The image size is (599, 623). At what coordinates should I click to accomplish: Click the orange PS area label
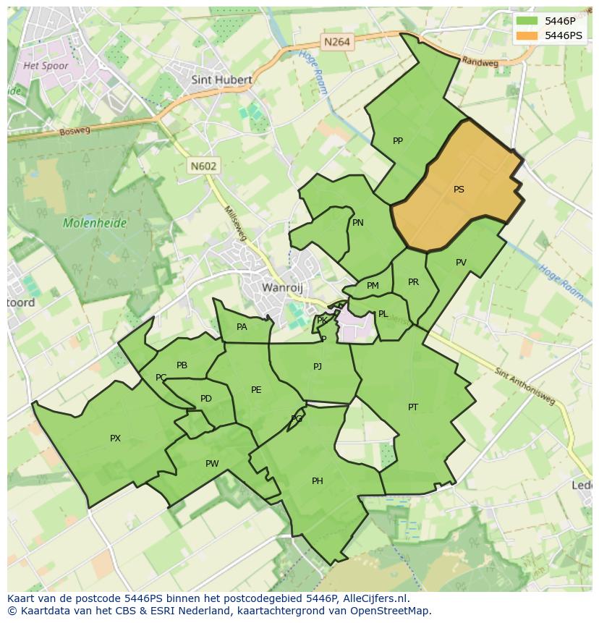point(459,190)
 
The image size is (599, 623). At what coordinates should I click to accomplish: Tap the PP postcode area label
point(397,141)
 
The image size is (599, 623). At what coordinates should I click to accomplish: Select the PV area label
point(461,263)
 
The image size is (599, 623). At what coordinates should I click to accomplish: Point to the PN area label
point(358,223)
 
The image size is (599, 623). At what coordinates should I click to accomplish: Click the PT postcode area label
point(412,407)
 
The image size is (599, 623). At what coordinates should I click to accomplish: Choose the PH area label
point(317,481)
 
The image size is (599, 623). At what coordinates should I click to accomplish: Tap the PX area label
point(115,438)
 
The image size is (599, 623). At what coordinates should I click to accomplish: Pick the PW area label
point(212,464)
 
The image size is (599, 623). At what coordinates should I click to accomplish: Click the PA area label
point(242,327)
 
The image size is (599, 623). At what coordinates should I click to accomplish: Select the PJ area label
point(318,367)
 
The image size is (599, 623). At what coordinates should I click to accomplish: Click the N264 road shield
point(337,42)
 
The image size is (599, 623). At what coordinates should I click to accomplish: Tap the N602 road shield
point(203,166)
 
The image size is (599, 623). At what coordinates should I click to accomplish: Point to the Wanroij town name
point(281,287)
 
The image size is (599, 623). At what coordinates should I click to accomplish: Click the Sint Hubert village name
point(221,80)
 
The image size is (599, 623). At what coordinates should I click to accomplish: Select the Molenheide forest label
point(95,223)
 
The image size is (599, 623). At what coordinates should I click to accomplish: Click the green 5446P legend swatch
point(528,21)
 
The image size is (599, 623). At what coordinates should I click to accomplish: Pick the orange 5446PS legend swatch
point(528,35)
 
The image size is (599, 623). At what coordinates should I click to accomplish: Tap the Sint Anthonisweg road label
point(527,385)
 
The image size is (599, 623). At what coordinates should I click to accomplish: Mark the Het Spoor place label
point(46,66)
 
